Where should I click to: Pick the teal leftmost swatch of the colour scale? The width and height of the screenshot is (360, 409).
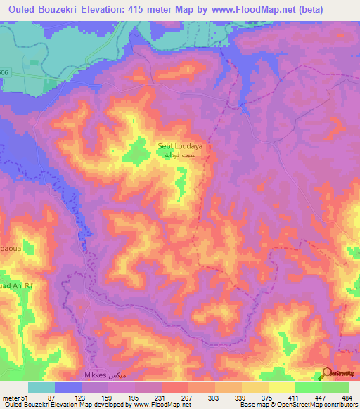pyautogui.click(x=41, y=387)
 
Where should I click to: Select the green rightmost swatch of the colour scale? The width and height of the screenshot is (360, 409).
pyautogui.click(x=335, y=387)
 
